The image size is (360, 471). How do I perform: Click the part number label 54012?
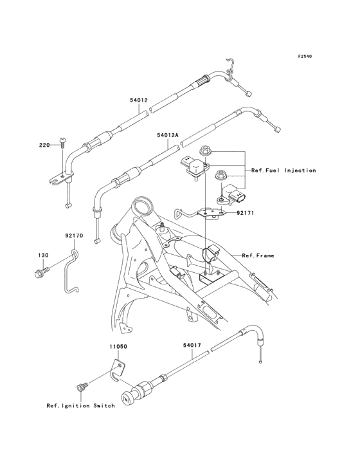[x=139, y=100]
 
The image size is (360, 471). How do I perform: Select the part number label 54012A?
[x=167, y=135]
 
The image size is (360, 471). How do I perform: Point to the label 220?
[x=44, y=145]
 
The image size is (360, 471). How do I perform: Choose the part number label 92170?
[x=74, y=235]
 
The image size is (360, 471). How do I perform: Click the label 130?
[x=43, y=255]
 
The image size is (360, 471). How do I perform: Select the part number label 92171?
[x=245, y=213]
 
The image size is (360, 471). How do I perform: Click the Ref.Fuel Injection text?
[x=283, y=171]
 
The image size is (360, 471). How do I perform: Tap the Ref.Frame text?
[x=258, y=255]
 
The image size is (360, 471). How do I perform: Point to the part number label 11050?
[x=118, y=347]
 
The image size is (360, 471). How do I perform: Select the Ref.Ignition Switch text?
[x=81, y=406]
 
